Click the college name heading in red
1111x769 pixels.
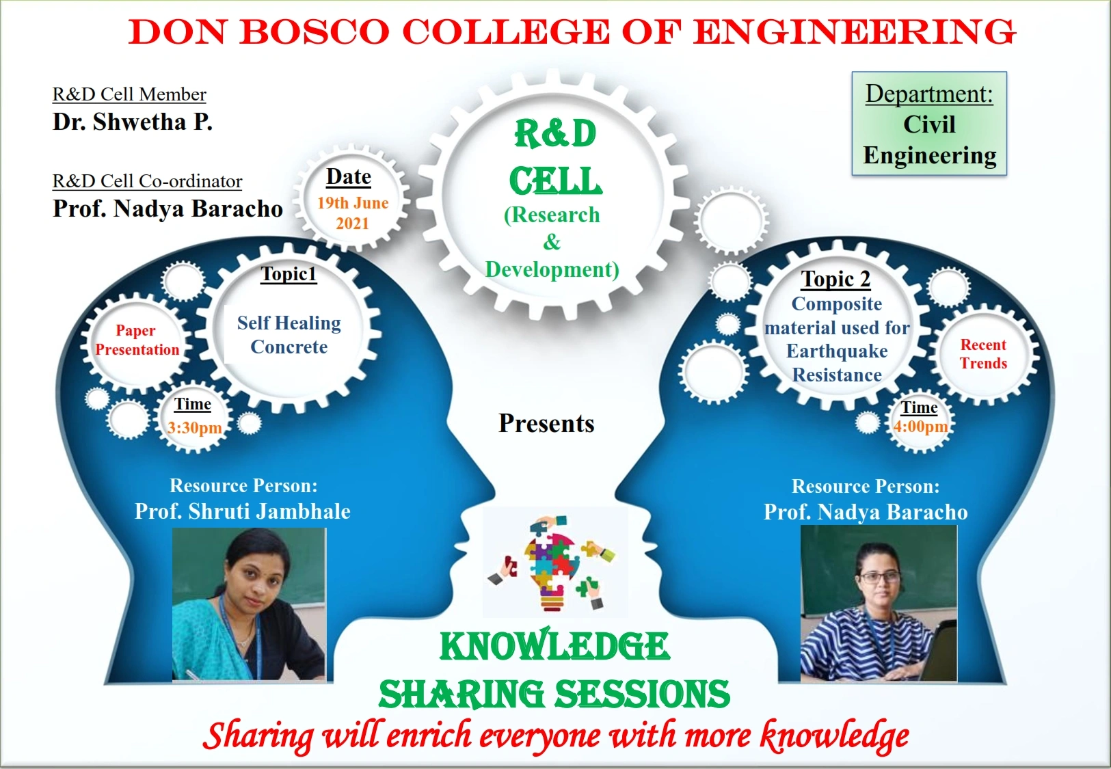point(572,32)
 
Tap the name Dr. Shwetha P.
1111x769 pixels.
point(133,122)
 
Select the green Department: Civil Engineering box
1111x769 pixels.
point(929,124)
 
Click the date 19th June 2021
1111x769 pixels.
point(353,213)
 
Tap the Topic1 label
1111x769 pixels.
point(289,273)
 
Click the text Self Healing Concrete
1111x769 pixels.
point(289,335)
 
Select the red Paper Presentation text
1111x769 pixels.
point(137,340)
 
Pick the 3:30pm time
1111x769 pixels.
point(194,427)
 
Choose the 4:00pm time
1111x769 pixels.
point(920,426)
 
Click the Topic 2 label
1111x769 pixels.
point(835,279)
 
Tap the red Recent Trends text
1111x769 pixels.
point(983,354)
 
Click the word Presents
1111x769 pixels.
point(546,423)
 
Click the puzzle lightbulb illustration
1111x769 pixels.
point(552,563)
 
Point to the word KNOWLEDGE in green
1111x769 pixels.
point(554,647)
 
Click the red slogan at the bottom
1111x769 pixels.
point(555,736)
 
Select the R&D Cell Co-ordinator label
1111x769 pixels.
point(147,181)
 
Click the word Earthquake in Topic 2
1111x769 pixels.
point(837,351)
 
